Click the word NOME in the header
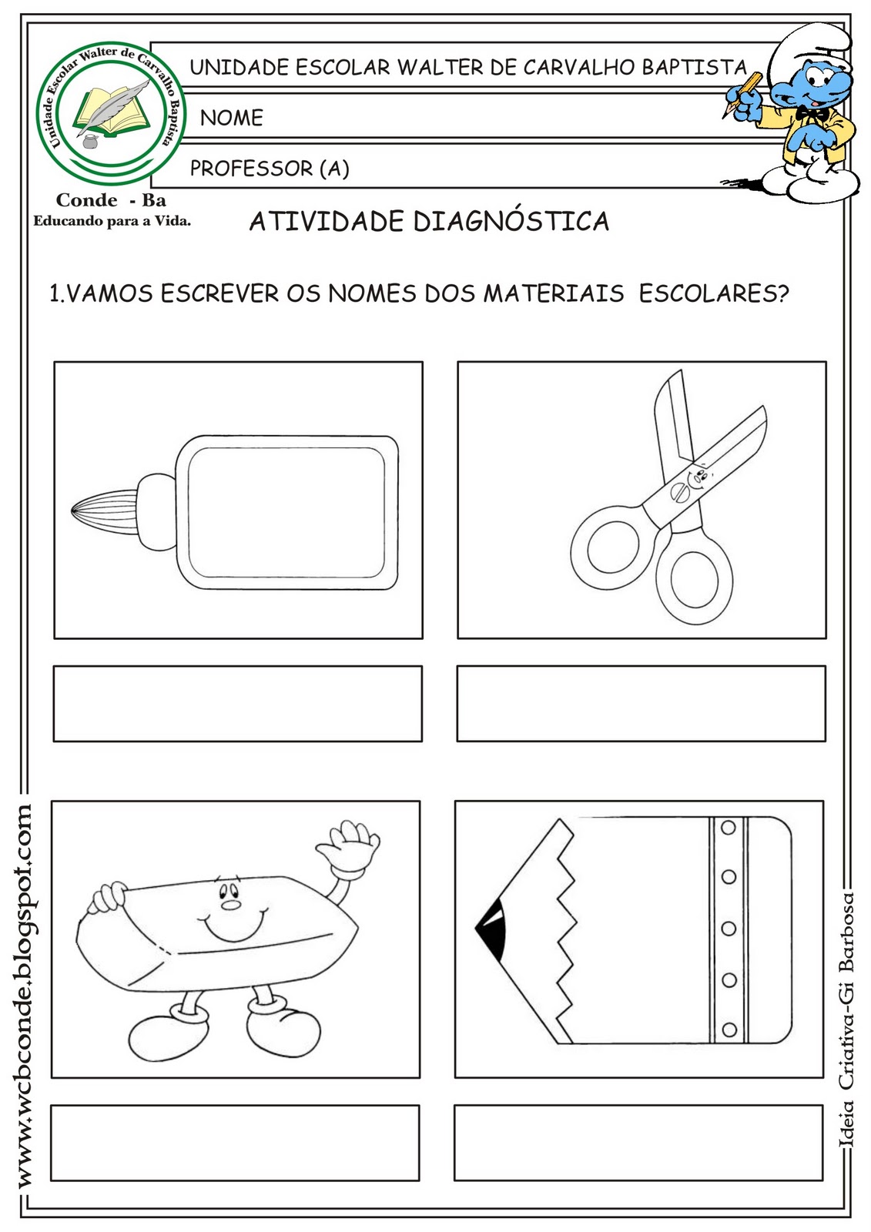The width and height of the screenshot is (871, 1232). pos(232,118)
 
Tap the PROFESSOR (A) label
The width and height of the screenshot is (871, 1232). pos(270,168)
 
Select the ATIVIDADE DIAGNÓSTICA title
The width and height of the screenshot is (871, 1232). pos(429,221)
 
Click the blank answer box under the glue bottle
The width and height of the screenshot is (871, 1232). pos(238,704)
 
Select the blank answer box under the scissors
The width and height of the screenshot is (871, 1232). pos(641,704)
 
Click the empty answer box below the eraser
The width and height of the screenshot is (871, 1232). pos(235,1143)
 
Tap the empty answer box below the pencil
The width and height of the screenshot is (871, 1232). pos(638,1143)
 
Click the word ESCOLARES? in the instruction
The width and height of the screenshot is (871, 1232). pos(714,293)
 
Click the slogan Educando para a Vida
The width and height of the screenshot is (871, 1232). pos(112,221)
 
